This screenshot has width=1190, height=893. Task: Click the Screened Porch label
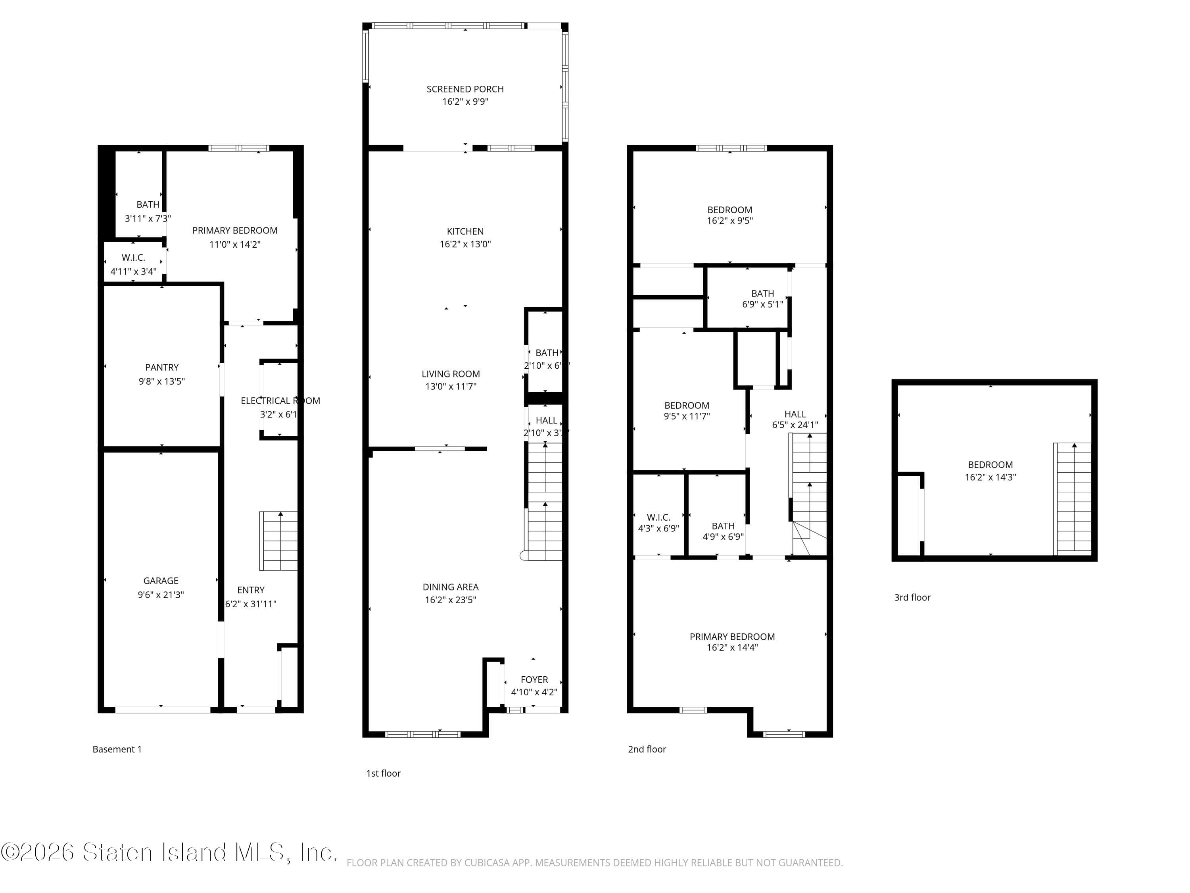(x=465, y=89)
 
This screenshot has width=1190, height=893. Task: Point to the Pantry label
(x=161, y=367)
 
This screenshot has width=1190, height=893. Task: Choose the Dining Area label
(x=450, y=587)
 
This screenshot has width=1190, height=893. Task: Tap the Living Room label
(x=450, y=373)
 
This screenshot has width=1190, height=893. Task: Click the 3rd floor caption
(x=912, y=597)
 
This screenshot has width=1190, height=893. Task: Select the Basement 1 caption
(x=117, y=749)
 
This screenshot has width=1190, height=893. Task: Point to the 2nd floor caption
(x=647, y=749)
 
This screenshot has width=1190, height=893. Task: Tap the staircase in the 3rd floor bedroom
(x=1073, y=498)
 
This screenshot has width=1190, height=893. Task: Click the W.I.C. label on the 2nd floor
(x=658, y=517)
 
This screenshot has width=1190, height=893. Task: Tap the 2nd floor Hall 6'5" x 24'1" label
(x=795, y=419)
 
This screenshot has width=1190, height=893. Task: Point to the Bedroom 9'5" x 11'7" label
(x=687, y=410)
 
